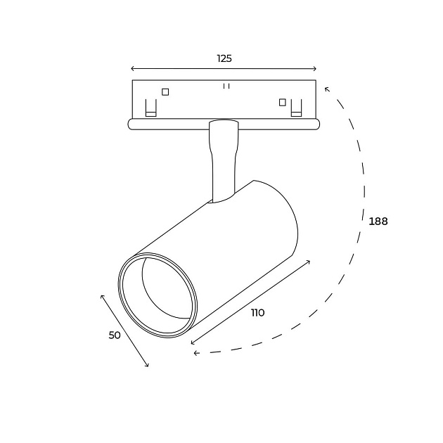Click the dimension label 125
[224, 58]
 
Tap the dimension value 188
[378, 222]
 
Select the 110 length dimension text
[257, 313]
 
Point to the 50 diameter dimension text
[115, 335]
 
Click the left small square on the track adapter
[165, 92]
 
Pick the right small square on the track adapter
[282, 102]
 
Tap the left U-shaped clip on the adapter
[151, 108]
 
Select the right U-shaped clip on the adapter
[296, 108]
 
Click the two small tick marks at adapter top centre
[226, 86]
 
